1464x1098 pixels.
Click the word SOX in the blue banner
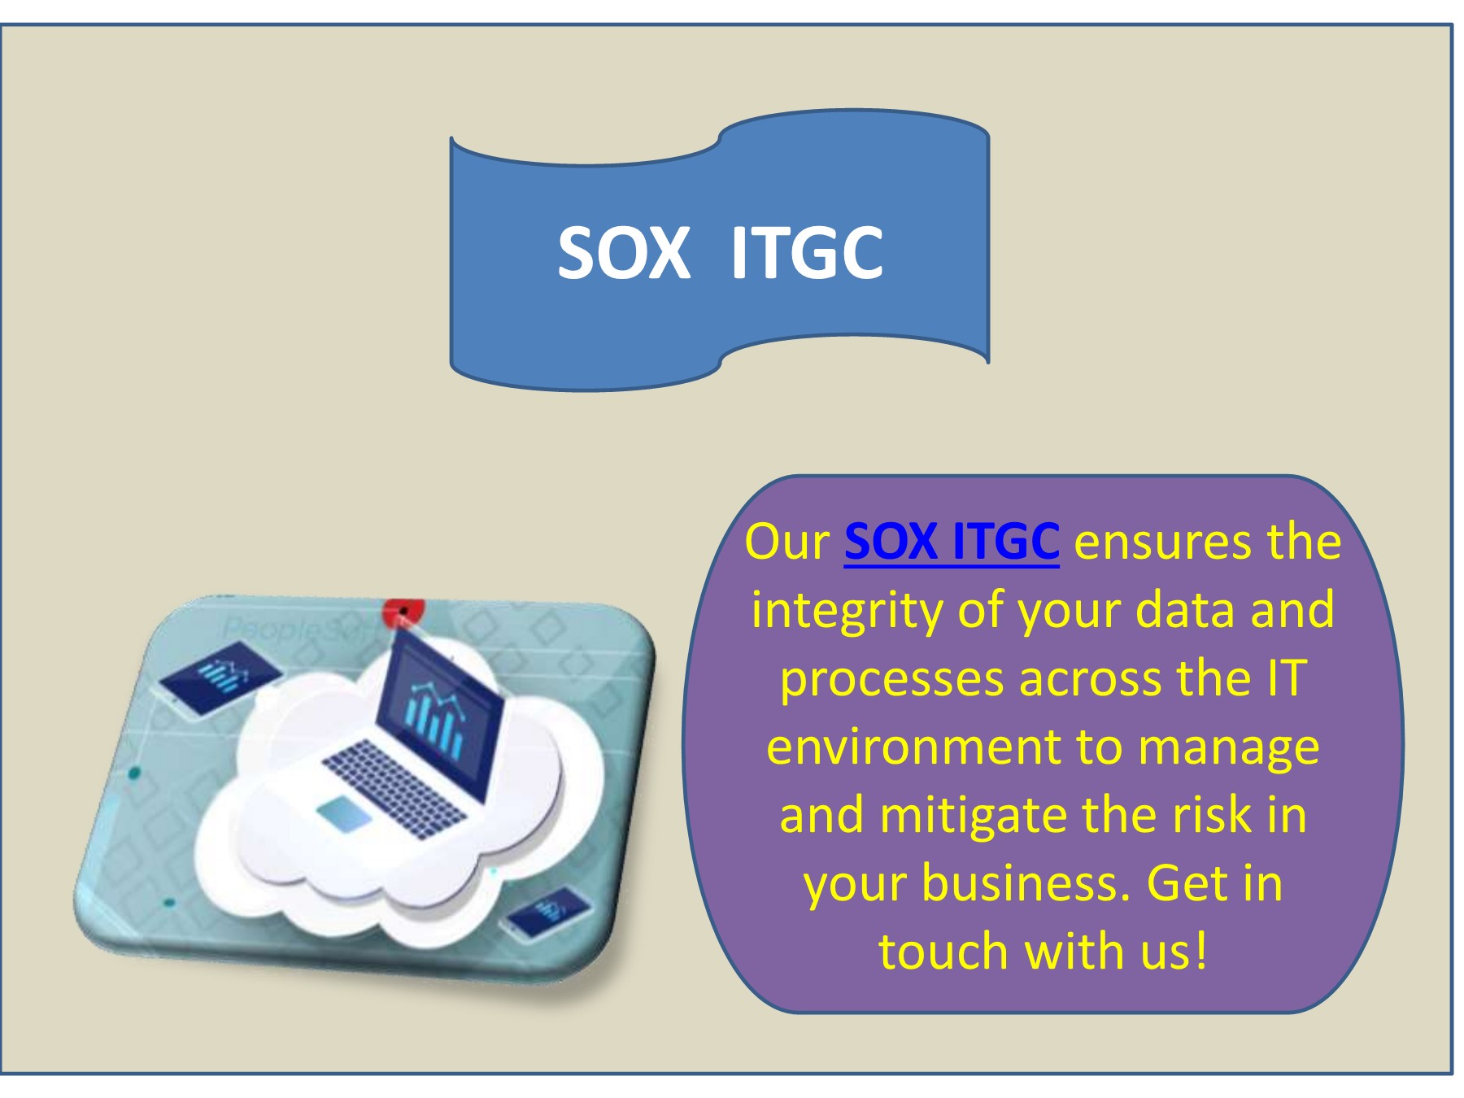pos(624,252)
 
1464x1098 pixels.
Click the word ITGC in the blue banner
pos(806,252)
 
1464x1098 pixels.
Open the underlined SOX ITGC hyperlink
pos(952,541)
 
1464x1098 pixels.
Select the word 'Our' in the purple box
pos(786,541)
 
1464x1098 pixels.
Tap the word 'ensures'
pos(1161,542)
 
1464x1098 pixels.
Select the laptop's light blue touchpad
pos(343,814)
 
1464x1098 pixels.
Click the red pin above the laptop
pos(403,612)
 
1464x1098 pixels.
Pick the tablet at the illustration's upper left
pos(221,674)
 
